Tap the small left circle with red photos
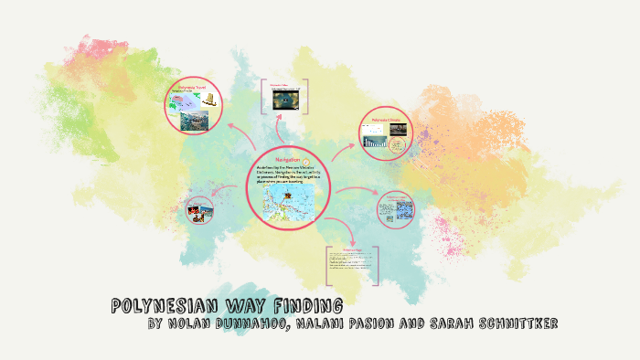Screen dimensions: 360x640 pyautogui.click(x=198, y=211)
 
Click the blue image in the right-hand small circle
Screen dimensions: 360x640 pyautogui.click(x=396, y=211)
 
